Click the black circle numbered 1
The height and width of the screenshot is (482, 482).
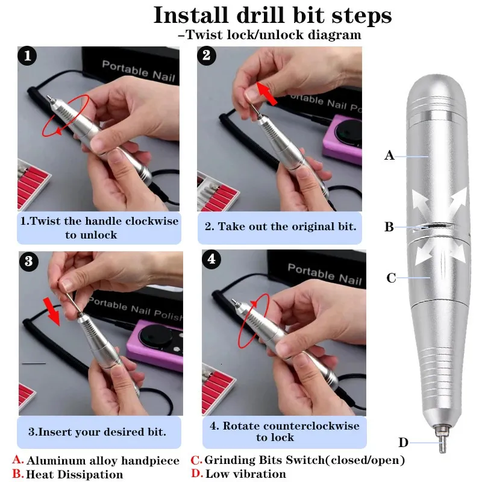pyautogui.click(x=27, y=56)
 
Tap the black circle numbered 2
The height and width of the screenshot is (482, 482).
pyautogui.click(x=207, y=55)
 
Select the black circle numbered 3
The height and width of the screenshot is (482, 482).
pyautogui.click(x=28, y=261)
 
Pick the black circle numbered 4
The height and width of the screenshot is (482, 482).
pyautogui.click(x=211, y=259)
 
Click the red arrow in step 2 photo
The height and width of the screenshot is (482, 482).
pyautogui.click(x=266, y=93)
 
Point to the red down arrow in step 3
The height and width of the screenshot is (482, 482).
pyautogui.click(x=52, y=311)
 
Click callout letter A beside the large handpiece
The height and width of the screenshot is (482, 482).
pyautogui.click(x=389, y=155)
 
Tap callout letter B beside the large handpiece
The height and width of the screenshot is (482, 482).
pyautogui.click(x=389, y=227)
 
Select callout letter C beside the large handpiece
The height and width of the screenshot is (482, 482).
pyautogui.click(x=391, y=278)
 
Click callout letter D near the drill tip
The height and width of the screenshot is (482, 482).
pyautogui.click(x=403, y=443)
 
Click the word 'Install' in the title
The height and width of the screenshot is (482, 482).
pyautogui.click(x=190, y=15)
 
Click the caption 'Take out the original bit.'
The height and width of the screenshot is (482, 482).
pyautogui.click(x=287, y=227)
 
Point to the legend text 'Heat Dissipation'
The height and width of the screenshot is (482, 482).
pyautogui.click(x=74, y=474)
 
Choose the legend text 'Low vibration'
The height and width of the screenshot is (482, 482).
pyautogui.click(x=246, y=474)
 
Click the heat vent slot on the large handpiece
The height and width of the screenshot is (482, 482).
pyautogui.click(x=435, y=227)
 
